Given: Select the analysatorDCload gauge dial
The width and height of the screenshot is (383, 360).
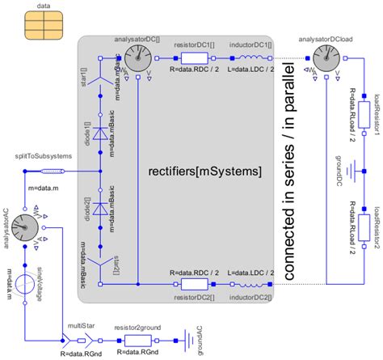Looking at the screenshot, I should tap(326, 58).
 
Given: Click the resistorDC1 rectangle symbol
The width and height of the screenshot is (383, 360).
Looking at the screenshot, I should tap(195, 58).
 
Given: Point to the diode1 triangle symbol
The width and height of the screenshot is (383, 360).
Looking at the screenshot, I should tap(99, 132).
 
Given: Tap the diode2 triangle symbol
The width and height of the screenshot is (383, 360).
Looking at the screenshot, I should tap(99, 208).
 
